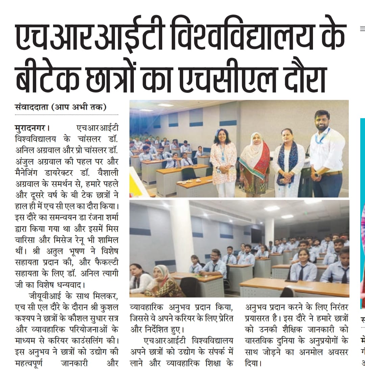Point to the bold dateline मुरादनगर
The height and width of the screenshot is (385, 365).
[30, 128]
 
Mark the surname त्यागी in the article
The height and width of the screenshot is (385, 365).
[107, 274]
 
